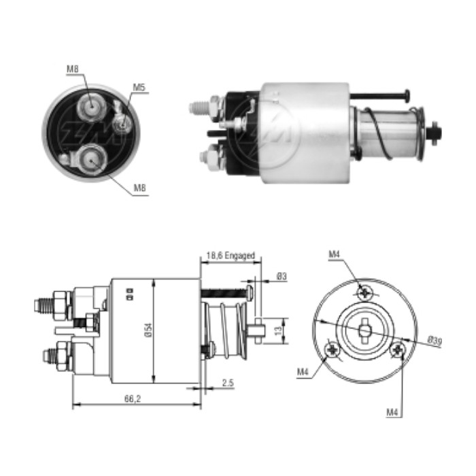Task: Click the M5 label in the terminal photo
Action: tap(139, 87)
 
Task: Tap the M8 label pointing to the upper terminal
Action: tap(73, 68)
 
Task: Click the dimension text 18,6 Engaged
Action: tap(231, 256)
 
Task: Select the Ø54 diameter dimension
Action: tap(147, 330)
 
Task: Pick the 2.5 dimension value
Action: tap(228, 384)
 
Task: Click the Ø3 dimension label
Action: tap(282, 275)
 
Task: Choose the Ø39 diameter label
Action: tap(435, 341)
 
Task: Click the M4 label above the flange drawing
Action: tap(334, 254)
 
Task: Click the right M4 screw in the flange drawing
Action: tap(399, 350)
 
